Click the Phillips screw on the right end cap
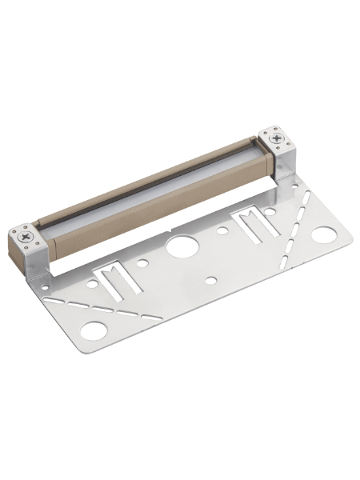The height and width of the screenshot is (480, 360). (277, 138)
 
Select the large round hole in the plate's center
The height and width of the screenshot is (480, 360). (179, 245)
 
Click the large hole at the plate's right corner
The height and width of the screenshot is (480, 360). (323, 235)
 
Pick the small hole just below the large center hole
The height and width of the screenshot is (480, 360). (209, 280)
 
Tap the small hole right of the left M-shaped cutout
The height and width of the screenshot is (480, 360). (142, 262)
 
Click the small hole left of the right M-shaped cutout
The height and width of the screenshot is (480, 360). (223, 230)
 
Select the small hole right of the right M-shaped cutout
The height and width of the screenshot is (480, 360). (270, 212)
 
